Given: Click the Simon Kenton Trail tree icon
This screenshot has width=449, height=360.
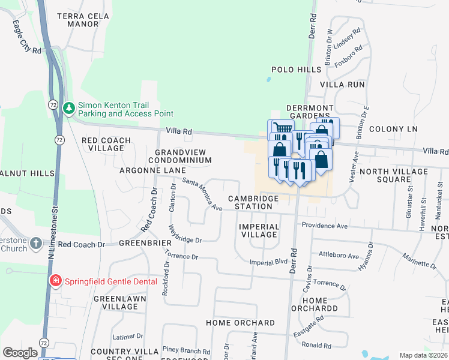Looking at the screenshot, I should (70, 108).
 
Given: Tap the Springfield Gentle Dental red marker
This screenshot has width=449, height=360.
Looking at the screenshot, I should (55, 281).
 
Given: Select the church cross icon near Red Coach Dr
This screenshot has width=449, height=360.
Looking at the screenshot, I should (36, 244).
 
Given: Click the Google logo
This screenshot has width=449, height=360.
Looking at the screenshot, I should (20, 353).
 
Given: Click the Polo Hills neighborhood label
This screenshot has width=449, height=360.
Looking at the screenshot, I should (297, 70).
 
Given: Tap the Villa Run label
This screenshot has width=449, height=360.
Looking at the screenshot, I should (342, 85).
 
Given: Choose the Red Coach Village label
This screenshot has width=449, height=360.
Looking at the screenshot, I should (106, 144).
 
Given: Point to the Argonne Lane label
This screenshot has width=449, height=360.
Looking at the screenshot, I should (152, 171).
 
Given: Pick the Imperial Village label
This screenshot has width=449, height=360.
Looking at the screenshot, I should (259, 230).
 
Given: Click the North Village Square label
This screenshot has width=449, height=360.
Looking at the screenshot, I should (393, 175).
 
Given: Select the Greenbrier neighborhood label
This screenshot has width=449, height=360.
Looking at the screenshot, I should (142, 243).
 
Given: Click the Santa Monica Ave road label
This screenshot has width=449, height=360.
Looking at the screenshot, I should (202, 194).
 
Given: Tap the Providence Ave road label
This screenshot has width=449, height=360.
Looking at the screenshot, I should (325, 226).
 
